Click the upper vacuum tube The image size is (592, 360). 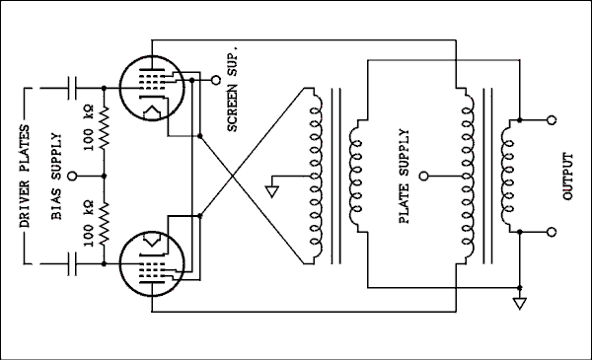point(151,84)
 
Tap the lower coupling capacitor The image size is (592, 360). point(72,264)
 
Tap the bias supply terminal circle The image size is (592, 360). point(75,175)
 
